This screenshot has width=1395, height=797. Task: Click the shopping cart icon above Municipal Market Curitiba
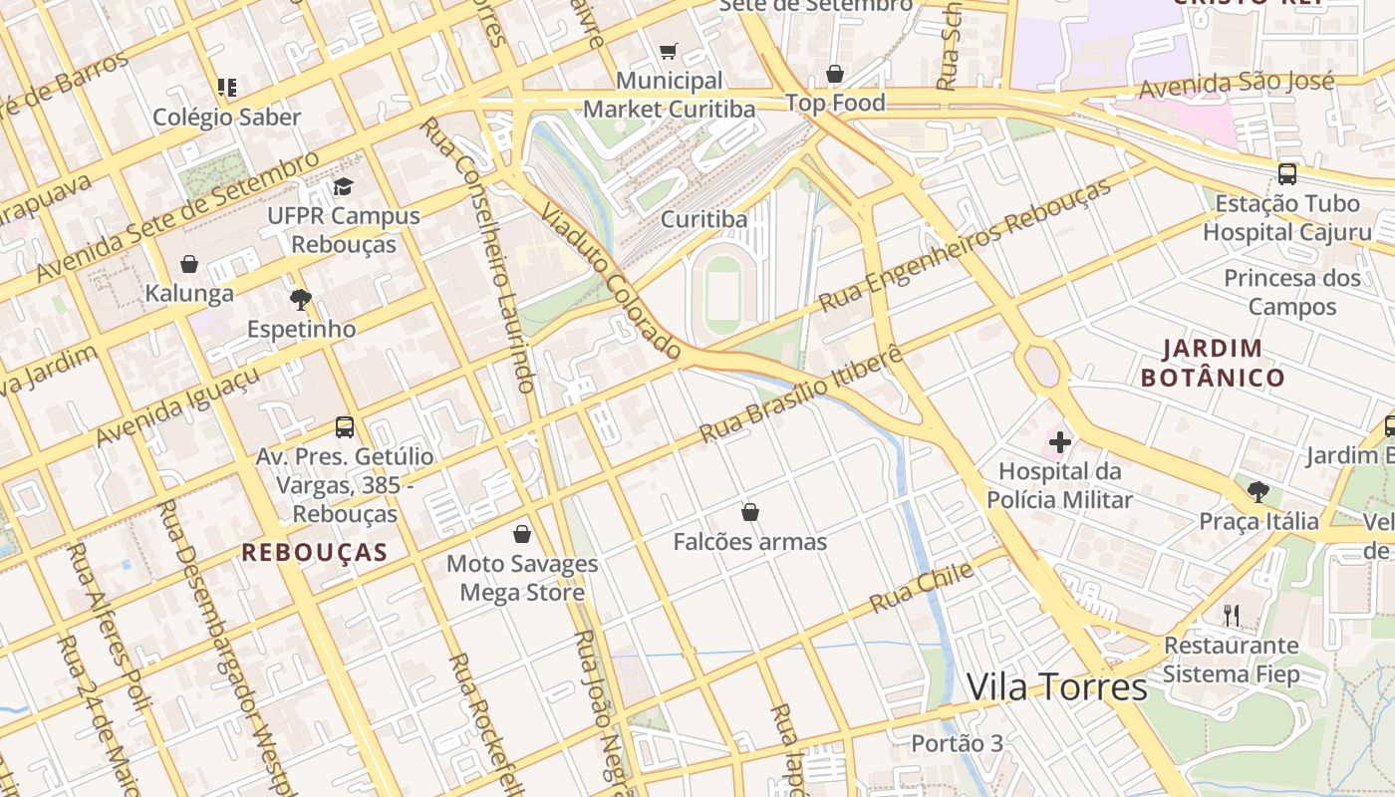(669, 51)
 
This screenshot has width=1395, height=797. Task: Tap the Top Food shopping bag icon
(835, 74)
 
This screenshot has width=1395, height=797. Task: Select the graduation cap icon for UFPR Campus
(344, 186)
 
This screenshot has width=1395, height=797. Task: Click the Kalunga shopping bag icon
(189, 264)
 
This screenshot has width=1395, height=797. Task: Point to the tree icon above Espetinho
(300, 299)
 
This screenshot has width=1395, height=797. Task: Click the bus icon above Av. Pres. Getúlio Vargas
(345, 427)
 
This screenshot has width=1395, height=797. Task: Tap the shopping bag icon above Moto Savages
(521, 534)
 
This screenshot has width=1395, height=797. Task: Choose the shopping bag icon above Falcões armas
(750, 512)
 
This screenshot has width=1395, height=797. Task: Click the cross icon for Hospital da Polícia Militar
(1060, 441)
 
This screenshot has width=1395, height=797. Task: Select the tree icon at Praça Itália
(1258, 491)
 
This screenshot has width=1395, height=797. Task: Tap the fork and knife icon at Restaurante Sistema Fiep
(1233, 615)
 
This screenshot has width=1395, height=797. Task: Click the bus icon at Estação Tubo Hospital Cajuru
(1287, 174)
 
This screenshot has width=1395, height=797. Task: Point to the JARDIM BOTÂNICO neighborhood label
(1213, 363)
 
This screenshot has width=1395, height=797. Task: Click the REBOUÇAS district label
(315, 552)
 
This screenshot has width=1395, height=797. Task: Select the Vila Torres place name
(1056, 687)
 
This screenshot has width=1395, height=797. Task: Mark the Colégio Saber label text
(226, 118)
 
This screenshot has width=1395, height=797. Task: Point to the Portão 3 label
(957, 743)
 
